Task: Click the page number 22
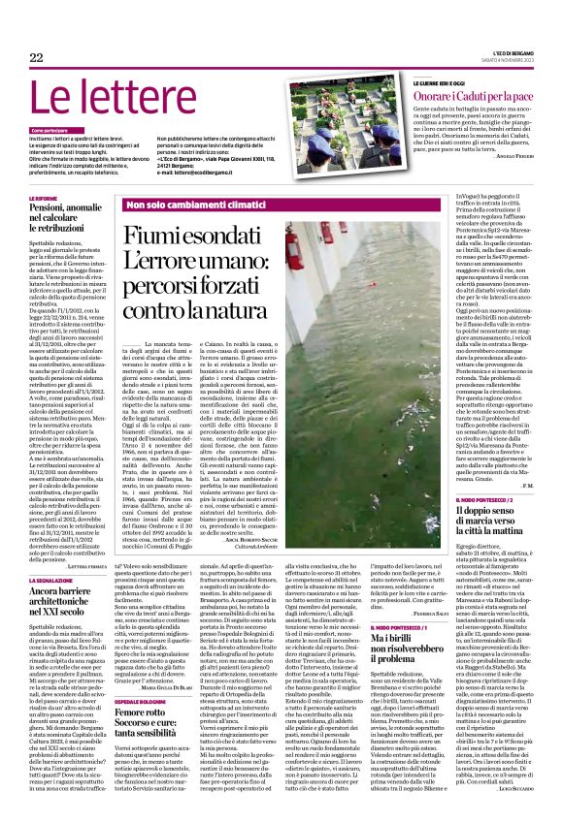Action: (x=37, y=59)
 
